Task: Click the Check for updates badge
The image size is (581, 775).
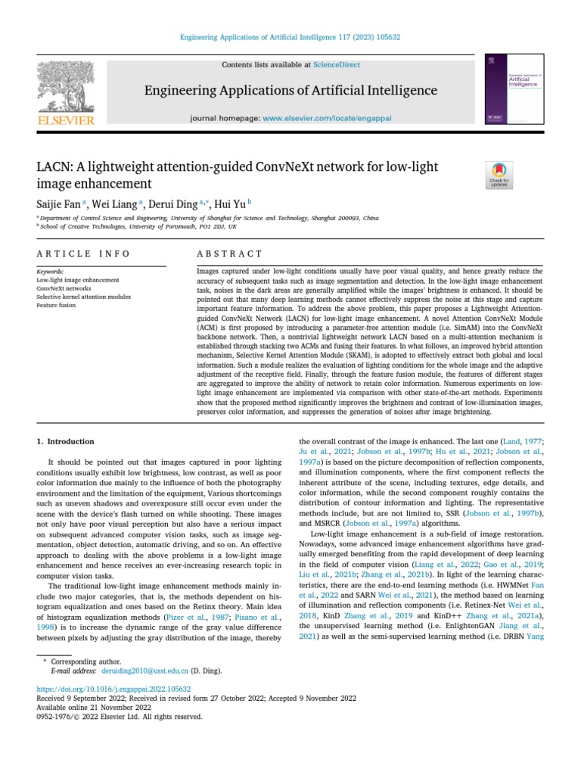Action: [x=500, y=176]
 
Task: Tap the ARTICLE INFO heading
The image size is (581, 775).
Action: [x=84, y=254]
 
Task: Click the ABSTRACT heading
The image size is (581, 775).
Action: [x=230, y=254]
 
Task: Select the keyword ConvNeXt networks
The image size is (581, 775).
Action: [x=64, y=288]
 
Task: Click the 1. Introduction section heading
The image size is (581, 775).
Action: [x=66, y=441]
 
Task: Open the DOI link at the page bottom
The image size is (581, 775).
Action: [x=114, y=689]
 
